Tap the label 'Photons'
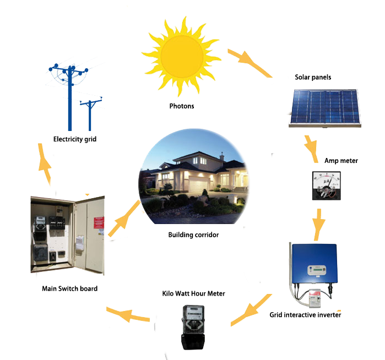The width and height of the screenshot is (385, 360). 181,106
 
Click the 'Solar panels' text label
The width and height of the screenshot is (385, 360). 313,77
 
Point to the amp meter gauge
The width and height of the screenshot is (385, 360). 323,186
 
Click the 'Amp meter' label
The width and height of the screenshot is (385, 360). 340,161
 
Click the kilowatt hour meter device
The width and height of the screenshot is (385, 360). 193,327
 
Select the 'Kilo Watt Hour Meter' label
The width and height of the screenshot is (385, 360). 193,293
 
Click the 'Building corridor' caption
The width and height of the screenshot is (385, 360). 193,235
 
